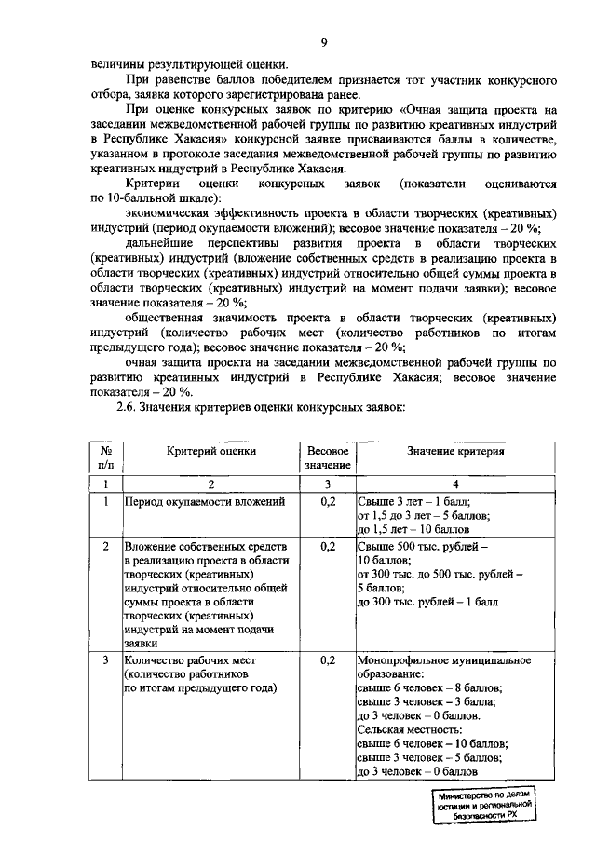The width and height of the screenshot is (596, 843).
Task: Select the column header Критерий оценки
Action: tap(211, 451)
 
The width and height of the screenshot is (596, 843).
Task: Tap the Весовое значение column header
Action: tap(327, 457)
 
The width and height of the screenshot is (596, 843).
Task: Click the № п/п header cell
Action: tap(107, 457)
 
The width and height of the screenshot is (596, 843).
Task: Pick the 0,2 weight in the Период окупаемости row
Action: tap(327, 502)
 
